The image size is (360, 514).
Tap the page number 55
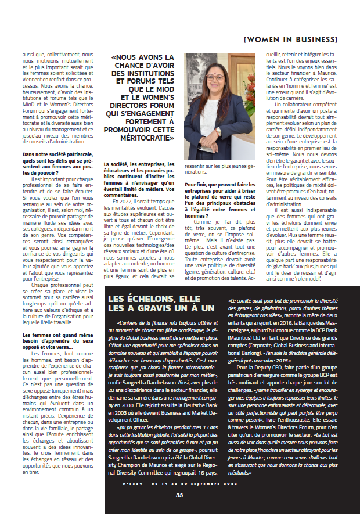click(x=180, y=495)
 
